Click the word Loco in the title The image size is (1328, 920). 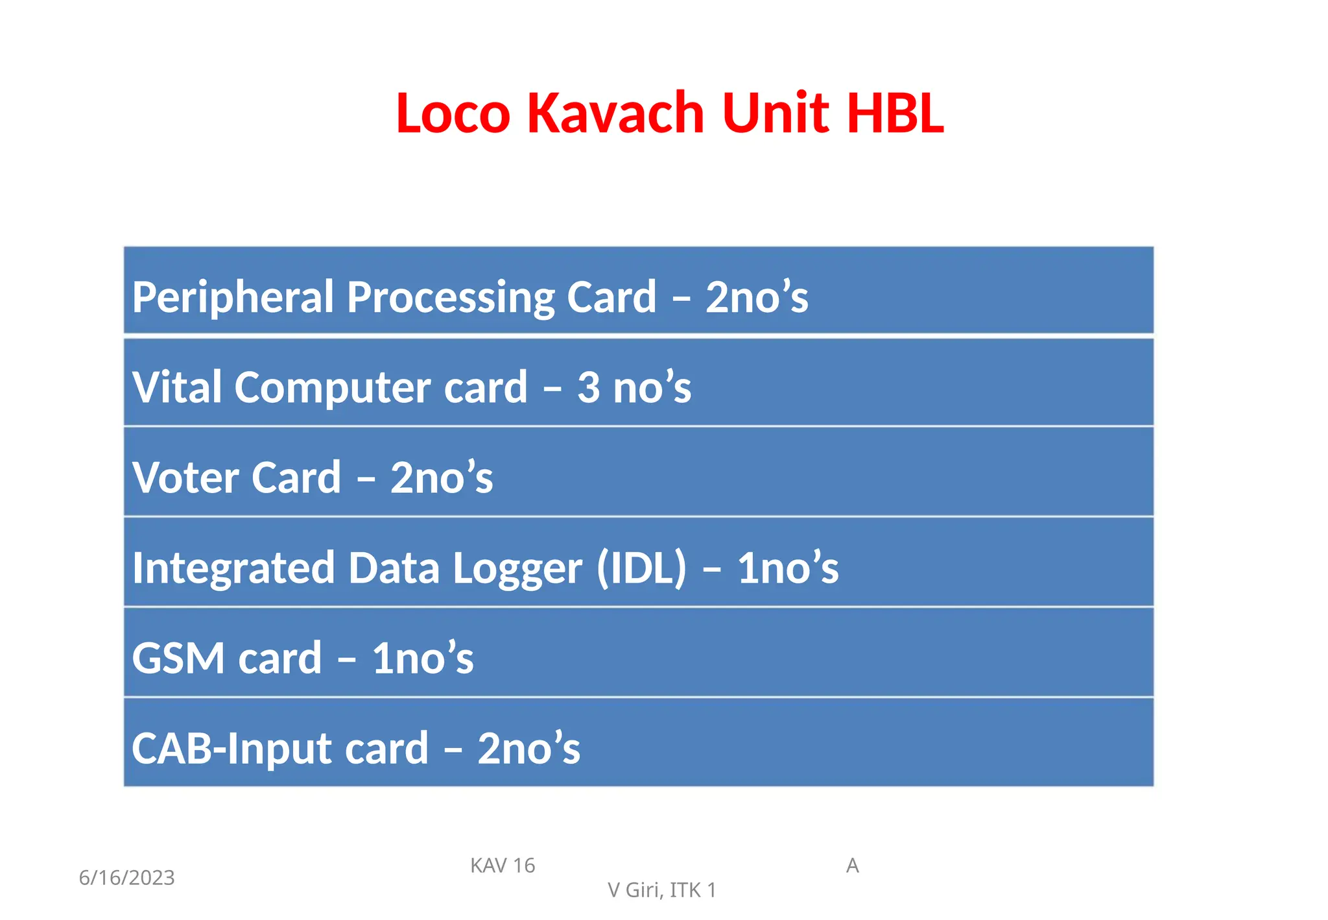[x=453, y=114]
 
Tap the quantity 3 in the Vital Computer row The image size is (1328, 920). [x=588, y=388]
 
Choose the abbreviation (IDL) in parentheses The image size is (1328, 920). [x=641, y=568]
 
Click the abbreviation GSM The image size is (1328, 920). [x=179, y=658]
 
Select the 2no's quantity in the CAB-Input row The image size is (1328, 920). [x=528, y=748]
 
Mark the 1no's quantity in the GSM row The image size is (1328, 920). [x=423, y=658]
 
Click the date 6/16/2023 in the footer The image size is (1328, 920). [x=127, y=878]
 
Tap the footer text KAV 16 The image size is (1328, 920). [x=503, y=866]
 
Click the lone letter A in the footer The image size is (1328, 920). [x=852, y=866]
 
